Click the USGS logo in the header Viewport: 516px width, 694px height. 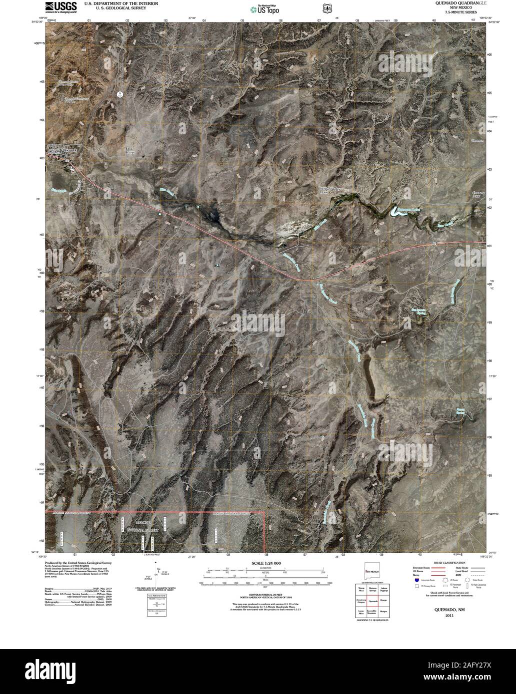(x=61, y=6)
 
